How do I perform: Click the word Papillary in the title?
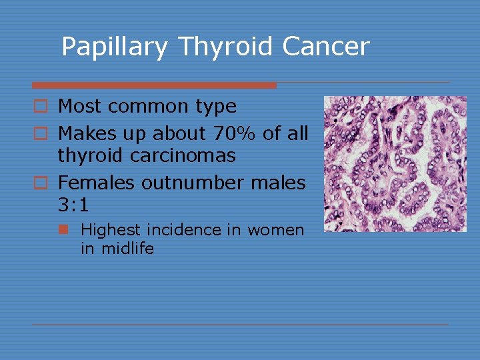pyautogui.click(x=115, y=47)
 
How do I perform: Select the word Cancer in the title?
pyautogui.click(x=326, y=47)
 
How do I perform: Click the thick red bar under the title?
pyautogui.click(x=154, y=85)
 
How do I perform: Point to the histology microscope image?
pyautogui.click(x=395, y=164)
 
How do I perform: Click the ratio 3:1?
pyautogui.click(x=73, y=203)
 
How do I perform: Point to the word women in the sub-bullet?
pyautogui.click(x=276, y=230)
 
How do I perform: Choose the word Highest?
pyautogui.click(x=111, y=230)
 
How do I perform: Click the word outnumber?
pyautogui.click(x=187, y=181)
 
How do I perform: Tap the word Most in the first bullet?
pyautogui.click(x=79, y=107)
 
